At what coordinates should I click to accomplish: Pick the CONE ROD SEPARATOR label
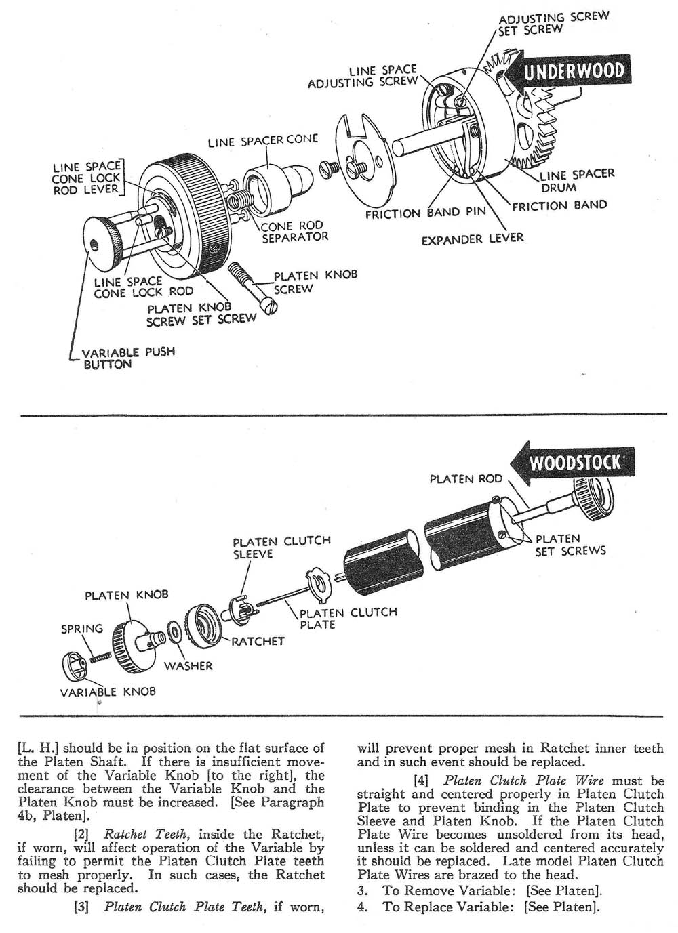294,231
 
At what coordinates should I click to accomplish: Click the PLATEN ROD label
466,479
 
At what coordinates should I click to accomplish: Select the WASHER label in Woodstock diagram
188,666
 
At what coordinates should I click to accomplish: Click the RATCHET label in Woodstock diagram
258,641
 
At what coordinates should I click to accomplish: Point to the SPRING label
82,628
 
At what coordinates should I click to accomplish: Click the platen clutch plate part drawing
318,581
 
